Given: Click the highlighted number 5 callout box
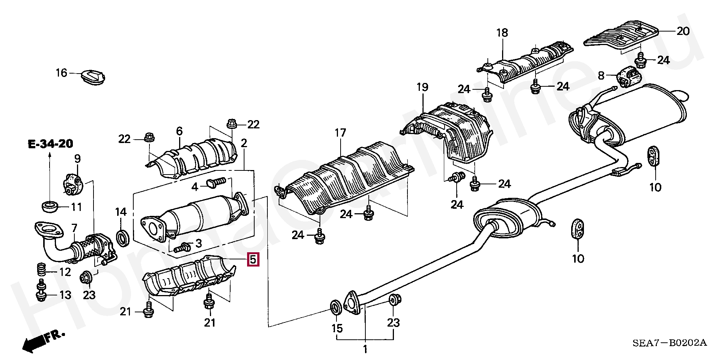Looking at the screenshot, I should [253, 259].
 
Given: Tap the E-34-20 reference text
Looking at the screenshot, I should [50, 144].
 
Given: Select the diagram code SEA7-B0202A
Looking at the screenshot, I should [670, 343].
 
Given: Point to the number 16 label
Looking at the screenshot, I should [62, 72].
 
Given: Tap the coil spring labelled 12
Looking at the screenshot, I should [41, 270].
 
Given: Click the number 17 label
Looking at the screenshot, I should [340, 133].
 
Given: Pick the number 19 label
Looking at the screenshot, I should [422, 87].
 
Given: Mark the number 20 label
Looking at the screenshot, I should [683, 31].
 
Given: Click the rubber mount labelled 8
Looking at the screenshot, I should [629, 77].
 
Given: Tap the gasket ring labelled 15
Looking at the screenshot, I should [335, 307].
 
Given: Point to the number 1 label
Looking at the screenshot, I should [365, 349].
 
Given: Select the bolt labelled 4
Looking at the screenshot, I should [216, 183].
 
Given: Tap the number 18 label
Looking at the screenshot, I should [502, 33].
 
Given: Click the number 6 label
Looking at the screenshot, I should [179, 131].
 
